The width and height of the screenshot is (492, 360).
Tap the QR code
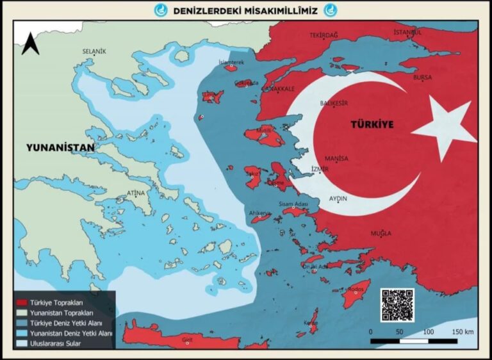(397, 305)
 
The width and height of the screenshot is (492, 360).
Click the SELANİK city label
(94, 51)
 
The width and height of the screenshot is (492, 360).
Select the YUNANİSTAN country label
(60, 147)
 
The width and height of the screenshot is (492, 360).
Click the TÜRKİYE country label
(372, 124)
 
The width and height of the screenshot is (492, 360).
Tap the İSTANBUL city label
(407, 33)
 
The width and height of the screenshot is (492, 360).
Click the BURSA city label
(423, 78)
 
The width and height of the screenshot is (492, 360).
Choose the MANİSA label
(336, 158)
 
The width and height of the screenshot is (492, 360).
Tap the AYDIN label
(338, 199)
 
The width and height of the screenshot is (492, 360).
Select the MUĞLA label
(381, 233)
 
